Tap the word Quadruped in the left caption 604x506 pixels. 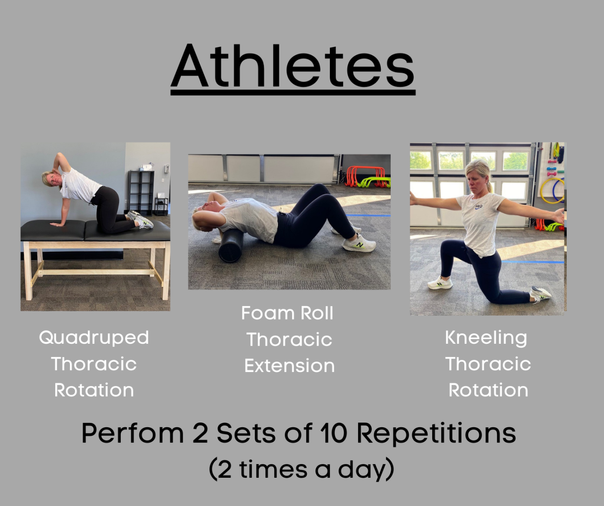tap(94, 338)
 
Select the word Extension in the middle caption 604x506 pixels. tap(289, 366)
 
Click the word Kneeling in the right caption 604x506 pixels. tap(486, 338)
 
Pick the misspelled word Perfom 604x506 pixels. tap(133, 433)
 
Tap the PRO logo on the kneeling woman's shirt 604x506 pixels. tap(478, 207)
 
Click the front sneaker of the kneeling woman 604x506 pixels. tap(440, 283)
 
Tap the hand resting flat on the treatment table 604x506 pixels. tap(57, 224)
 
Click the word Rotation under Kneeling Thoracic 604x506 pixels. tap(488, 390)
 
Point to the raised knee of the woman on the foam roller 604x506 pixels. tap(318, 190)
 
